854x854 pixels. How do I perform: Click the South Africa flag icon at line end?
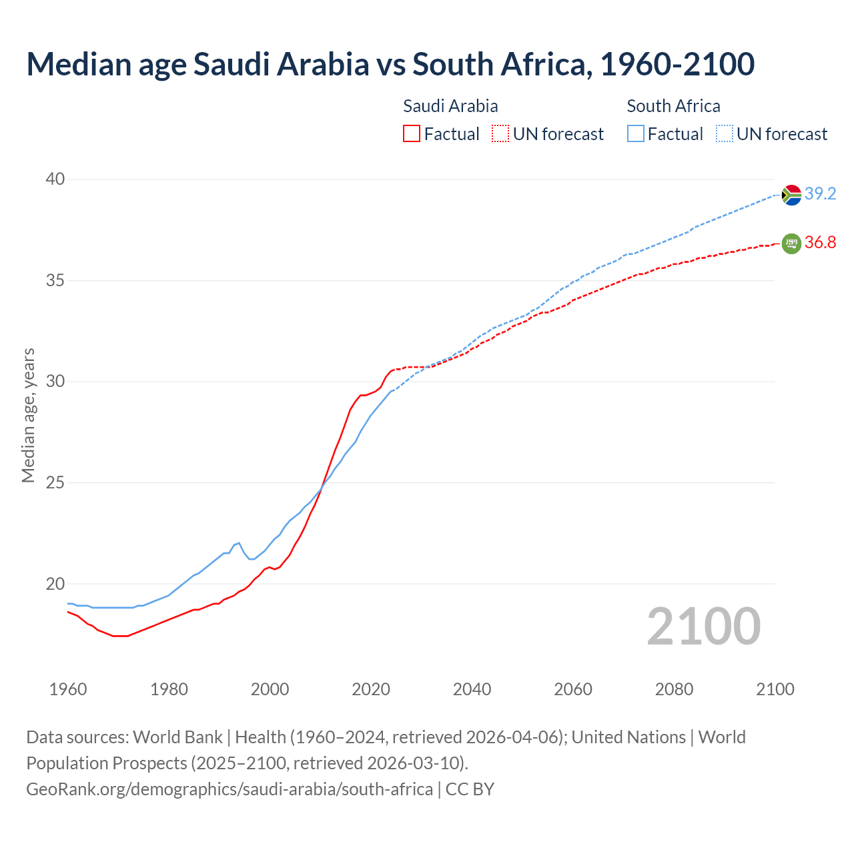click(791, 195)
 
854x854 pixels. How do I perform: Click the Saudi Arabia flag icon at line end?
click(791, 244)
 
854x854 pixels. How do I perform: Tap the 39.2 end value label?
click(820, 194)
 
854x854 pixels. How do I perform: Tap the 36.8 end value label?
click(820, 243)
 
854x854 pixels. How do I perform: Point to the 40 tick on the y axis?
click(55, 179)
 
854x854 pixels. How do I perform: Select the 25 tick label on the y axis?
click(55, 482)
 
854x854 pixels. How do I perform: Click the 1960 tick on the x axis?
click(68, 689)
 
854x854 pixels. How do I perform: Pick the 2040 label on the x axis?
click(472, 689)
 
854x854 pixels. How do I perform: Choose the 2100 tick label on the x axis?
click(775, 689)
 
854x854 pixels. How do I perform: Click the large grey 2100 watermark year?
click(703, 626)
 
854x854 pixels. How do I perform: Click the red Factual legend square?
click(412, 134)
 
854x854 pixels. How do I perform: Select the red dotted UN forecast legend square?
click(500, 134)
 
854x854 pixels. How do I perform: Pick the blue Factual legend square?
click(636, 134)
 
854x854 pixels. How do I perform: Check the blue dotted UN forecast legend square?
click(725, 134)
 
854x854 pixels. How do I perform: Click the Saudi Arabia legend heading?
click(450, 106)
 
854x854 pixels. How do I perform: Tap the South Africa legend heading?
click(673, 106)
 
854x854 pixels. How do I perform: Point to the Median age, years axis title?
click(28, 415)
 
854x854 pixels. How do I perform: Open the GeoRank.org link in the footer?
click(230, 789)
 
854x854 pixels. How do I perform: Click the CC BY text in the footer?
click(470, 789)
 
